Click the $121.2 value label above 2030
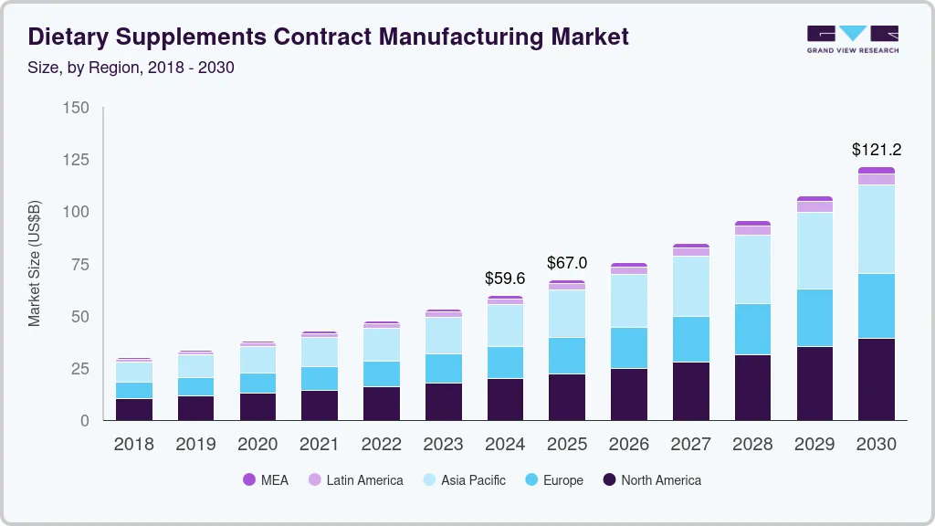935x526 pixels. point(877,149)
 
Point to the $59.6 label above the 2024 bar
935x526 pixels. point(505,278)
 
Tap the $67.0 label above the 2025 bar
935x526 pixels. point(567,263)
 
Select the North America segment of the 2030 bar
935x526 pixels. point(877,379)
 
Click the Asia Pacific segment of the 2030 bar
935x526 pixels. point(877,229)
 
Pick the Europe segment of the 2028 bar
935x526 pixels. point(752,329)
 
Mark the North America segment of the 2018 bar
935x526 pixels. point(134,409)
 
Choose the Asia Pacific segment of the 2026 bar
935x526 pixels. point(629,300)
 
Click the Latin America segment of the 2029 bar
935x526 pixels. point(814,206)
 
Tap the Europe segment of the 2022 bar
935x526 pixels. point(382,373)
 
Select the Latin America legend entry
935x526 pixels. point(355,479)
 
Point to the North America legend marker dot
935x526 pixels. point(608,479)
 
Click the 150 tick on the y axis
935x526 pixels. point(76,108)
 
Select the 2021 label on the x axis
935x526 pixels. point(320,444)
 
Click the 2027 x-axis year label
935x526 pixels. point(691,444)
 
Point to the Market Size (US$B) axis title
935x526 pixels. point(35,264)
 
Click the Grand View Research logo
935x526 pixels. point(852,39)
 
